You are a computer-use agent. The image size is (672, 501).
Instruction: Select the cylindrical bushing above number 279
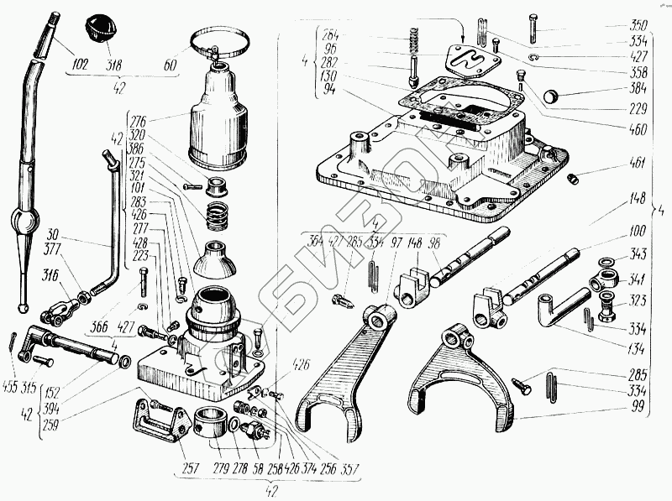[213, 422]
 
